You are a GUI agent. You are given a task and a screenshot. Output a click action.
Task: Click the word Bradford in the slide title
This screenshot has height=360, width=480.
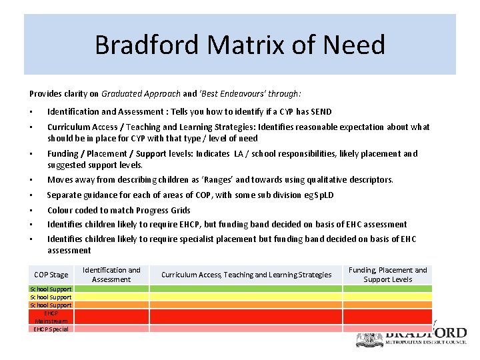pyautogui.click(x=147, y=45)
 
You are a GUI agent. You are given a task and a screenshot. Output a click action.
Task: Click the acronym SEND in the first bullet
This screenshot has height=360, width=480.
pyautogui.click(x=321, y=112)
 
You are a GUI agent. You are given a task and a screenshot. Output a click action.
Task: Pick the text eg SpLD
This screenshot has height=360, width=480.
pyautogui.click(x=319, y=195)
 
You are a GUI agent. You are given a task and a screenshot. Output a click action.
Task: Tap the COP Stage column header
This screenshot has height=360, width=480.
pyautogui.click(x=51, y=275)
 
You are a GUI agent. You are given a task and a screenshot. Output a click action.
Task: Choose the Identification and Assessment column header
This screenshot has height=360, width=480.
pyautogui.click(x=111, y=275)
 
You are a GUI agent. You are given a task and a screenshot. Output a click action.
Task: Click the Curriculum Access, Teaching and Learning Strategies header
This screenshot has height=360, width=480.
pyautogui.click(x=247, y=275)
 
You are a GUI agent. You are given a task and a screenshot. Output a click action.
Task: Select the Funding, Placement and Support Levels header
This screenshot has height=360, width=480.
pyautogui.click(x=388, y=275)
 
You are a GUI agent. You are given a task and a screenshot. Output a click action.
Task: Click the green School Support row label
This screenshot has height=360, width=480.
pyautogui.click(x=51, y=289)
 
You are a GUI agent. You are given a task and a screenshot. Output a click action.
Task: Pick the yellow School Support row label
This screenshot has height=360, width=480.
pyautogui.click(x=51, y=297)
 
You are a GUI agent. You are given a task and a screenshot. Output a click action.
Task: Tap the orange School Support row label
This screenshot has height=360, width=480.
pyautogui.click(x=51, y=305)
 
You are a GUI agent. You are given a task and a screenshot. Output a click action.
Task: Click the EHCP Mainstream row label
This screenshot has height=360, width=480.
pyautogui.click(x=51, y=317)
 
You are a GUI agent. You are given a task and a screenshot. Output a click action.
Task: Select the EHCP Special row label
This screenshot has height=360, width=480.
pyautogui.click(x=51, y=329)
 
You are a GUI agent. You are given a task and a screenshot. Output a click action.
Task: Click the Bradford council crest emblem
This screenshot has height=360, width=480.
pyautogui.click(x=369, y=338)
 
